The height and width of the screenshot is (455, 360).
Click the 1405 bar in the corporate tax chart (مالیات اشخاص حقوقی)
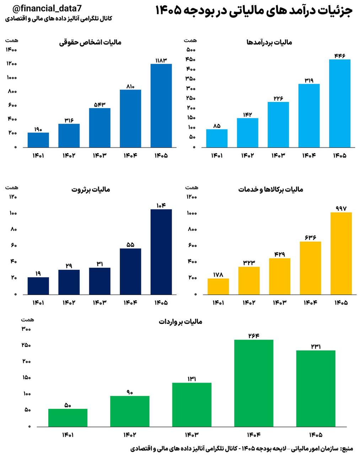161,106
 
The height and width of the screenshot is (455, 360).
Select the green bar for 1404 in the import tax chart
254,383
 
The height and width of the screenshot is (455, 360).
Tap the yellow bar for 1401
218,287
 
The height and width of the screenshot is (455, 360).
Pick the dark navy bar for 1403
100,281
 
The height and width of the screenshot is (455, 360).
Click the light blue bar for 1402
247,133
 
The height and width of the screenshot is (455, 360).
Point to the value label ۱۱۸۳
161,60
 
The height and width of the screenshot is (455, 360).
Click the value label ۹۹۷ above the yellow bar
341,209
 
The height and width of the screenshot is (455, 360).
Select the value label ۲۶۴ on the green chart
254,336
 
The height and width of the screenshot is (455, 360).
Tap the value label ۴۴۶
340,55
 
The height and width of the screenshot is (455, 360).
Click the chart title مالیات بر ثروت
91,189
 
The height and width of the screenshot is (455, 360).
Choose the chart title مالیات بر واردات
180,322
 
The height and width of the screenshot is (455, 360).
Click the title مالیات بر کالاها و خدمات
270,189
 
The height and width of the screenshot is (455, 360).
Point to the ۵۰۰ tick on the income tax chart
191,49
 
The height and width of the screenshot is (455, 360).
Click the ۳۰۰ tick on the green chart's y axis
26,329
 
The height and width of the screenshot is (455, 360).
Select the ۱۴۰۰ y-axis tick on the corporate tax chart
11,49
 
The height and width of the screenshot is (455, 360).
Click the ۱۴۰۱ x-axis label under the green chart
68,435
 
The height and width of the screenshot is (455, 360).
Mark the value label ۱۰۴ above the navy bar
161,205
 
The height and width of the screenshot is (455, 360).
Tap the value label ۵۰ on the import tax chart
68,405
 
